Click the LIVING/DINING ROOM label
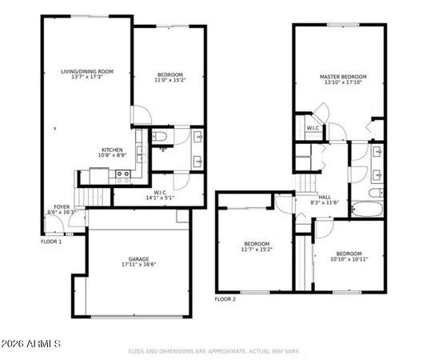(x=87, y=71)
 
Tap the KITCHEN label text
(x=111, y=150)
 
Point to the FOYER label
(x=62, y=206)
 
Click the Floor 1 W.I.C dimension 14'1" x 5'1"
(x=159, y=196)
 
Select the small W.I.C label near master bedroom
(x=313, y=128)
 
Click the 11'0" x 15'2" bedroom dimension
(x=169, y=80)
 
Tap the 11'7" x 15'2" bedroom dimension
(x=257, y=250)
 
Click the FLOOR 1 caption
(x=51, y=241)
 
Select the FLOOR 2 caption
(x=225, y=298)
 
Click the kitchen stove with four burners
(x=123, y=174)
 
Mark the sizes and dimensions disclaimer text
(x=213, y=350)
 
